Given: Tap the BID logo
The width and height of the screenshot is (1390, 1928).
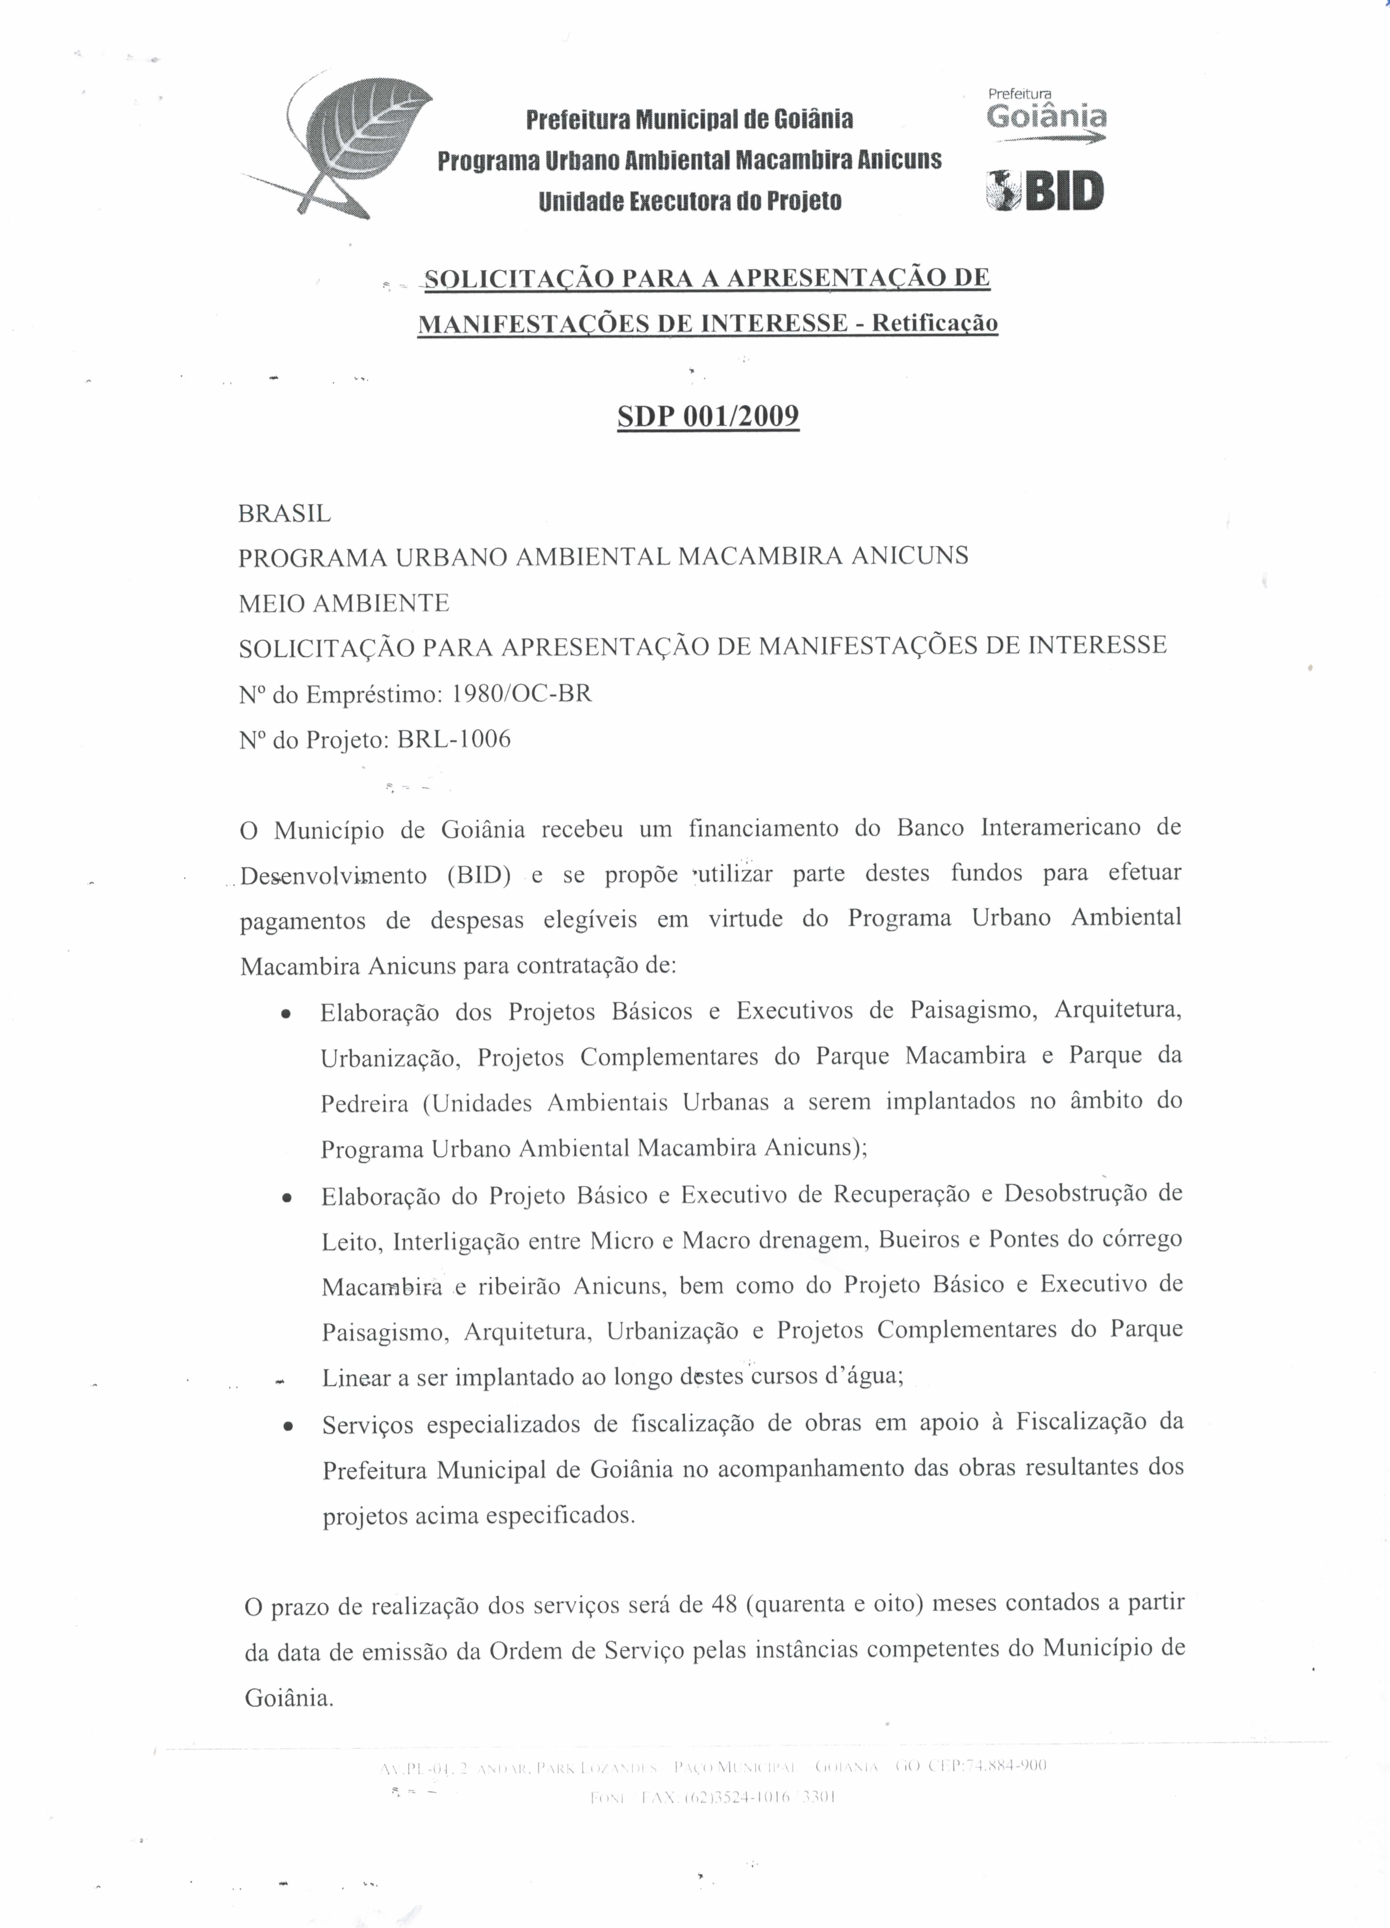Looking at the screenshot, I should tap(1045, 190).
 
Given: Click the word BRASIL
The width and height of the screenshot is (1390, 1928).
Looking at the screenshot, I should tap(285, 514).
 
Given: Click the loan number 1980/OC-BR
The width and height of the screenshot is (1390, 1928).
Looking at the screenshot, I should tap(522, 694).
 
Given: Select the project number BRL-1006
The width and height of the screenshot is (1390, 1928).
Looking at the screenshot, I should tap(454, 739).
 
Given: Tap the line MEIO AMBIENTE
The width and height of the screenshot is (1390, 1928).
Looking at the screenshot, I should tap(344, 604).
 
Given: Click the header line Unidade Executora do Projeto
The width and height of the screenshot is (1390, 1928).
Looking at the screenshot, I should tap(690, 201).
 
